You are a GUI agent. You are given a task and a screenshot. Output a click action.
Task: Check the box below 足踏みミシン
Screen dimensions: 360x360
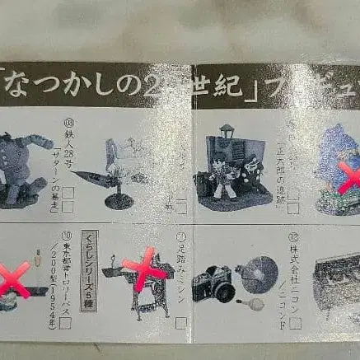pyautogui.click(x=181, y=323)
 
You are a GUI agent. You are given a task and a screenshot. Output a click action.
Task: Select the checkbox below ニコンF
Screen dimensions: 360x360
pyautogui.click(x=294, y=323)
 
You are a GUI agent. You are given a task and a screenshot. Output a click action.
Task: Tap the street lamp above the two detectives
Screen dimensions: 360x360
pyautogui.click(x=230, y=134)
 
